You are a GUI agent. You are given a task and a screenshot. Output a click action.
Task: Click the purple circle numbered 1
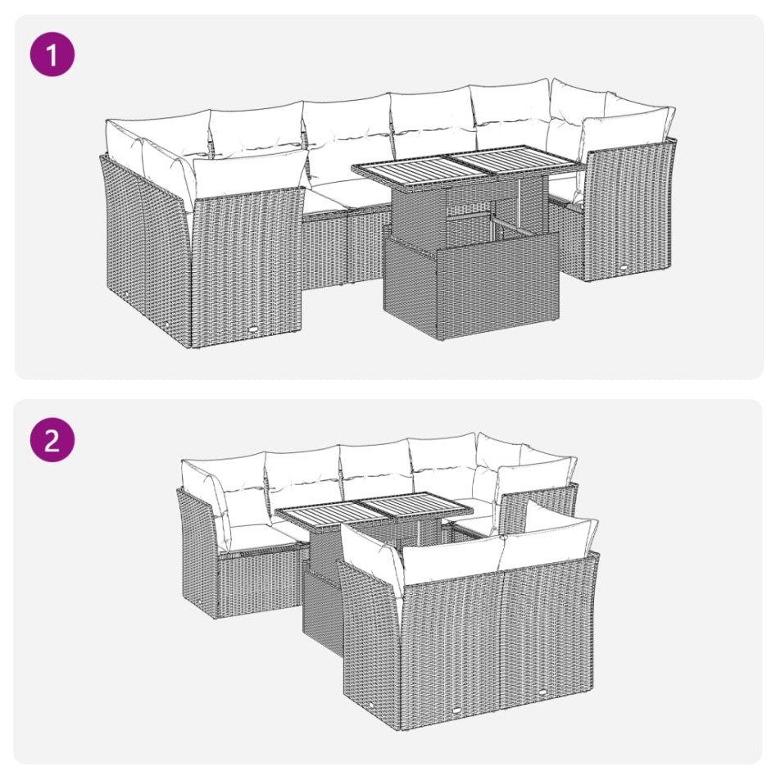tap(52, 55)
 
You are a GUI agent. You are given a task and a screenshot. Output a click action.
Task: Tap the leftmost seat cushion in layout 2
tap(255, 538)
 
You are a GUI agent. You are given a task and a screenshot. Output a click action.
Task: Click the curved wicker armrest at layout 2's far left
tap(197, 549)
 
